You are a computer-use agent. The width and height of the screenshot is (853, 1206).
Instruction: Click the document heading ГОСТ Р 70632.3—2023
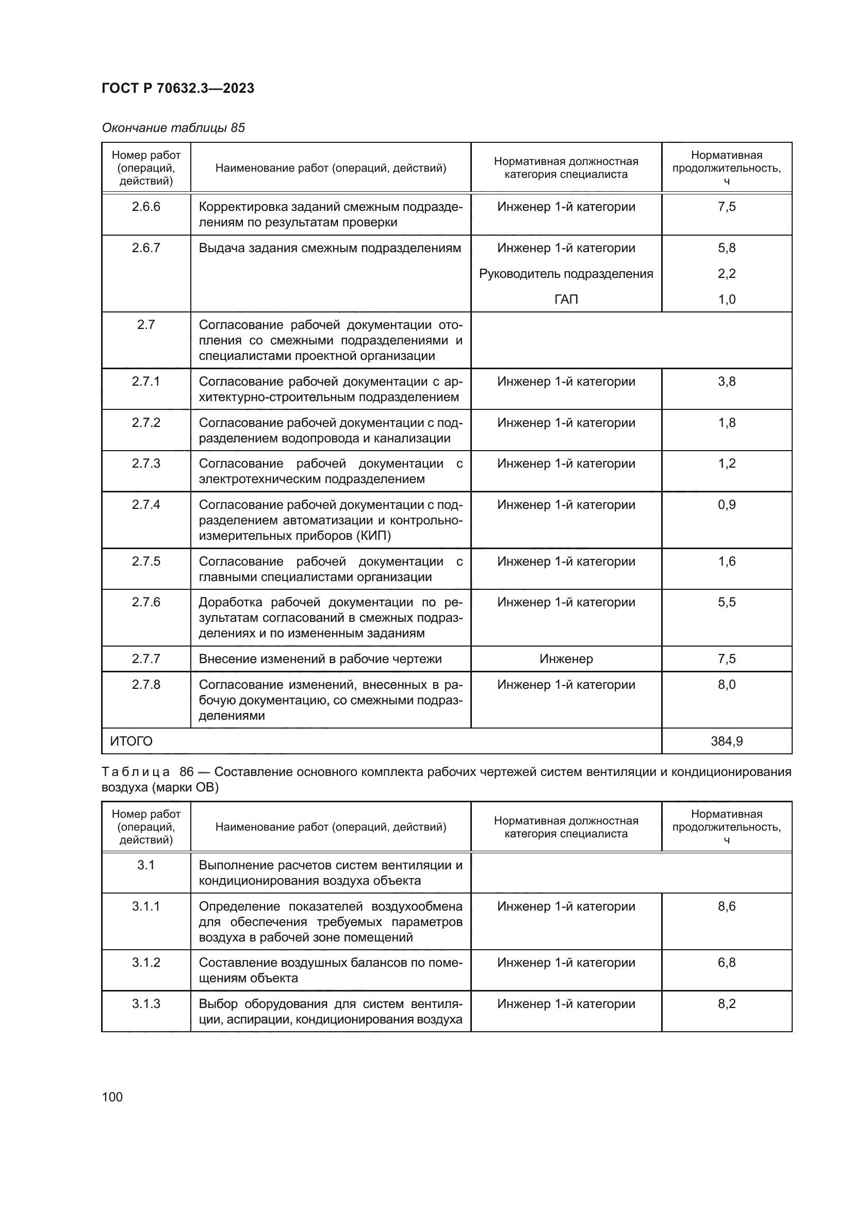[177, 88]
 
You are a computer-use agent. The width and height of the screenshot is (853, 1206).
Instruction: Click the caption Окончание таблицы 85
[173, 128]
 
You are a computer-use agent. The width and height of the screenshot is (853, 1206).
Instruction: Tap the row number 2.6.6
[146, 206]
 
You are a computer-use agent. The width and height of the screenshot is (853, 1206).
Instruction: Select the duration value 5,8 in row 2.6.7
[727, 248]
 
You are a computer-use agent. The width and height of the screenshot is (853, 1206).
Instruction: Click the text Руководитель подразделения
[566, 274]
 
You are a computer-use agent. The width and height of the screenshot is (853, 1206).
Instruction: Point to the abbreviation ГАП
[566, 300]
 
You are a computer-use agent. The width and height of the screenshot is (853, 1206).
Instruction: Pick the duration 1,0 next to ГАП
[727, 300]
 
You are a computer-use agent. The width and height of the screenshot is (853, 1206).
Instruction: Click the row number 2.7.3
[146, 464]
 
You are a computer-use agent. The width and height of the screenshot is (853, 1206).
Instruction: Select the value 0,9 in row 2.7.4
[727, 505]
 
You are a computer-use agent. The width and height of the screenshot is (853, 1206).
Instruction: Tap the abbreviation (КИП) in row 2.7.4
[373, 536]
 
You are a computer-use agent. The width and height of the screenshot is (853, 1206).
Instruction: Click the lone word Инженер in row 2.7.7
[566, 658]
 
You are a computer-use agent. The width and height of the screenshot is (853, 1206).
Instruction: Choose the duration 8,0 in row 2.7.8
[727, 684]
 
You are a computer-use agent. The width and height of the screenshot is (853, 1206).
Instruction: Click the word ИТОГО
[132, 741]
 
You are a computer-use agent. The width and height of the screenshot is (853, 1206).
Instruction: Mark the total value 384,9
[727, 741]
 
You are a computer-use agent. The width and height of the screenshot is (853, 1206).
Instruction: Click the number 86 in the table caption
[187, 772]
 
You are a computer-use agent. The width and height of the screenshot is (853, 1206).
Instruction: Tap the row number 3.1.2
[146, 962]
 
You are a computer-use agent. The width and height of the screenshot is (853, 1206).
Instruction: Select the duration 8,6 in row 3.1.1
[727, 906]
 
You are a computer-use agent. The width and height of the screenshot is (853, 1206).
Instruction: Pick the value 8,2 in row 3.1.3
[727, 1004]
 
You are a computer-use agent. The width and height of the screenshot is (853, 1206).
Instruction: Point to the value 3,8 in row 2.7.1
[727, 382]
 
